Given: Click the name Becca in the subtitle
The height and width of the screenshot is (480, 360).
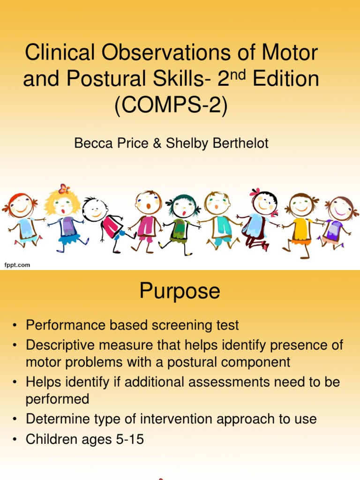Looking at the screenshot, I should (x=91, y=143).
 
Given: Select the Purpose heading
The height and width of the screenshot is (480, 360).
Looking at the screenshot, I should (x=180, y=292).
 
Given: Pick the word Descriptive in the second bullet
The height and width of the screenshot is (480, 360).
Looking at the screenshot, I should (x=57, y=346).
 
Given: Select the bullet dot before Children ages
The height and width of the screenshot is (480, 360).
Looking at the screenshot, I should (x=15, y=440).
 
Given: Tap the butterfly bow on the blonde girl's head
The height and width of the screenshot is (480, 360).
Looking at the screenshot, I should (x=64, y=189).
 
